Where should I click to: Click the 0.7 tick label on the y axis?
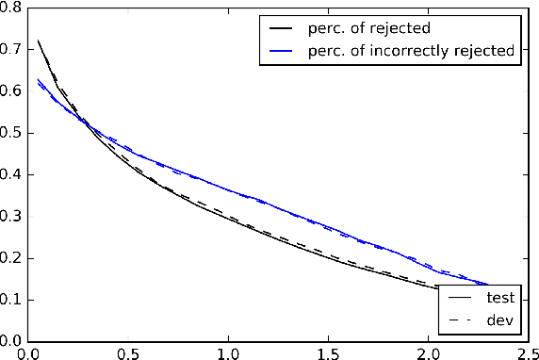[13, 49]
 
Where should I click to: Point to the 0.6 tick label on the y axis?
[13, 91]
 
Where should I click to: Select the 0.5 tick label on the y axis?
[13, 133]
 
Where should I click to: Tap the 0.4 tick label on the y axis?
[13, 174]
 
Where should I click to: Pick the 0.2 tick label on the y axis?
[13, 258]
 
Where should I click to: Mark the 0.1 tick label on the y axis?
[13, 300]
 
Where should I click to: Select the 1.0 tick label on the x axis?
[227, 352]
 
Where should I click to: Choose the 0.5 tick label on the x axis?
[128, 352]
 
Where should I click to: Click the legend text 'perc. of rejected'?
[375, 28]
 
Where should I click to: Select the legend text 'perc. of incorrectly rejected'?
[414, 51]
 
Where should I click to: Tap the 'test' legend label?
[498, 298]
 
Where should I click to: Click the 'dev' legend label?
[498, 319]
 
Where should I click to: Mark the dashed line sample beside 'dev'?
[459, 319]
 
